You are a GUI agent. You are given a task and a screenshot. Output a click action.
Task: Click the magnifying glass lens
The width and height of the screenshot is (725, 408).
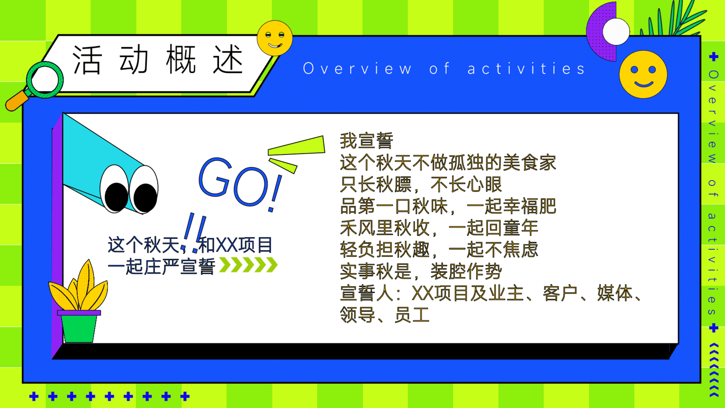(45, 80)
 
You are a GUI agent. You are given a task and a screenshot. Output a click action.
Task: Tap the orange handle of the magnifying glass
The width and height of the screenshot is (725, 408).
(17, 101)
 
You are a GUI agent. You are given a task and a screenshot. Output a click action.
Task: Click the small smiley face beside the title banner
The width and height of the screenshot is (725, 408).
(275, 38)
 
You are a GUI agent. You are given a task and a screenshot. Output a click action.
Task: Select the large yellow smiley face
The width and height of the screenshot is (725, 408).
(643, 74)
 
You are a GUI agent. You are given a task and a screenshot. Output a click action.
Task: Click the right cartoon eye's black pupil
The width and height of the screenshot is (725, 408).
(145, 198)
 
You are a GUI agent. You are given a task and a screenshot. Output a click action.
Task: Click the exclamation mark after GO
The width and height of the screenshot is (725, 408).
(275, 193)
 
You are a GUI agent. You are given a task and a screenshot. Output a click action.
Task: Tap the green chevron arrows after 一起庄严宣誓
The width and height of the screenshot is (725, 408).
(248, 265)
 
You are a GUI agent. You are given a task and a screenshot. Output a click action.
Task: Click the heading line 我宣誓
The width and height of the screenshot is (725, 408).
(367, 141)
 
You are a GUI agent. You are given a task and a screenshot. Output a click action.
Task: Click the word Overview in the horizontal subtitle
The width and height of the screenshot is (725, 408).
(357, 69)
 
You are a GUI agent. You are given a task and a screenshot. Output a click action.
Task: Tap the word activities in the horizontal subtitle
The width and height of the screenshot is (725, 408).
(526, 69)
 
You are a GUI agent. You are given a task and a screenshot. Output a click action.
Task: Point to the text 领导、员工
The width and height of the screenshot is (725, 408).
(385, 315)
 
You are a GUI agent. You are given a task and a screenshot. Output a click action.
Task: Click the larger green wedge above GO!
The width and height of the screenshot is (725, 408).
(296, 146)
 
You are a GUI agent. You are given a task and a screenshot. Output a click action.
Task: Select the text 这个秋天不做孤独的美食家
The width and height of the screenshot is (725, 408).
(448, 163)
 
